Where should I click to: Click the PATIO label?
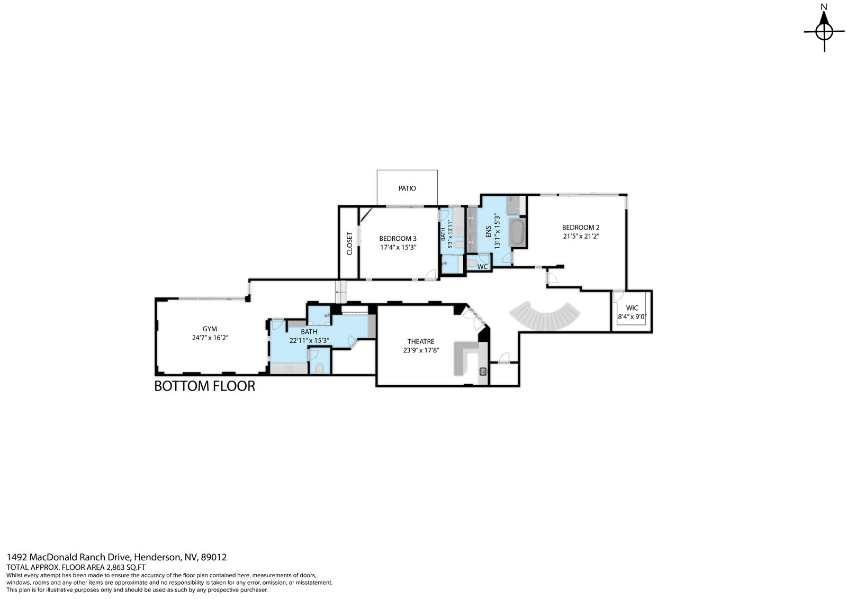click(407, 188)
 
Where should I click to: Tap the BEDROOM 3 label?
click(398, 239)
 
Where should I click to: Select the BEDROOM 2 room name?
click(580, 228)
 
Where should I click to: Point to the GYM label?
click(210, 329)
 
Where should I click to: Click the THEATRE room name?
click(421, 341)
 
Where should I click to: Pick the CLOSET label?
click(349, 243)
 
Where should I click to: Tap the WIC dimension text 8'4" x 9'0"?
click(632, 316)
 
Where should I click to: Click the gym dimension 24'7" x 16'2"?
click(210, 338)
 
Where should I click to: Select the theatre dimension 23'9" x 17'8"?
click(421, 350)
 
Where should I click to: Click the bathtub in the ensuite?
click(517, 232)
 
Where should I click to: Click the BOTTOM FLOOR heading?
click(204, 386)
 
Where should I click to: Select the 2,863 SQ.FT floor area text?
click(126, 567)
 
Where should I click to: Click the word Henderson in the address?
click(157, 557)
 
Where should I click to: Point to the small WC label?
click(482, 267)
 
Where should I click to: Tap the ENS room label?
click(488, 232)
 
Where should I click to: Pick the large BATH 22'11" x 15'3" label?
click(309, 336)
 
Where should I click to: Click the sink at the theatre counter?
click(483, 371)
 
